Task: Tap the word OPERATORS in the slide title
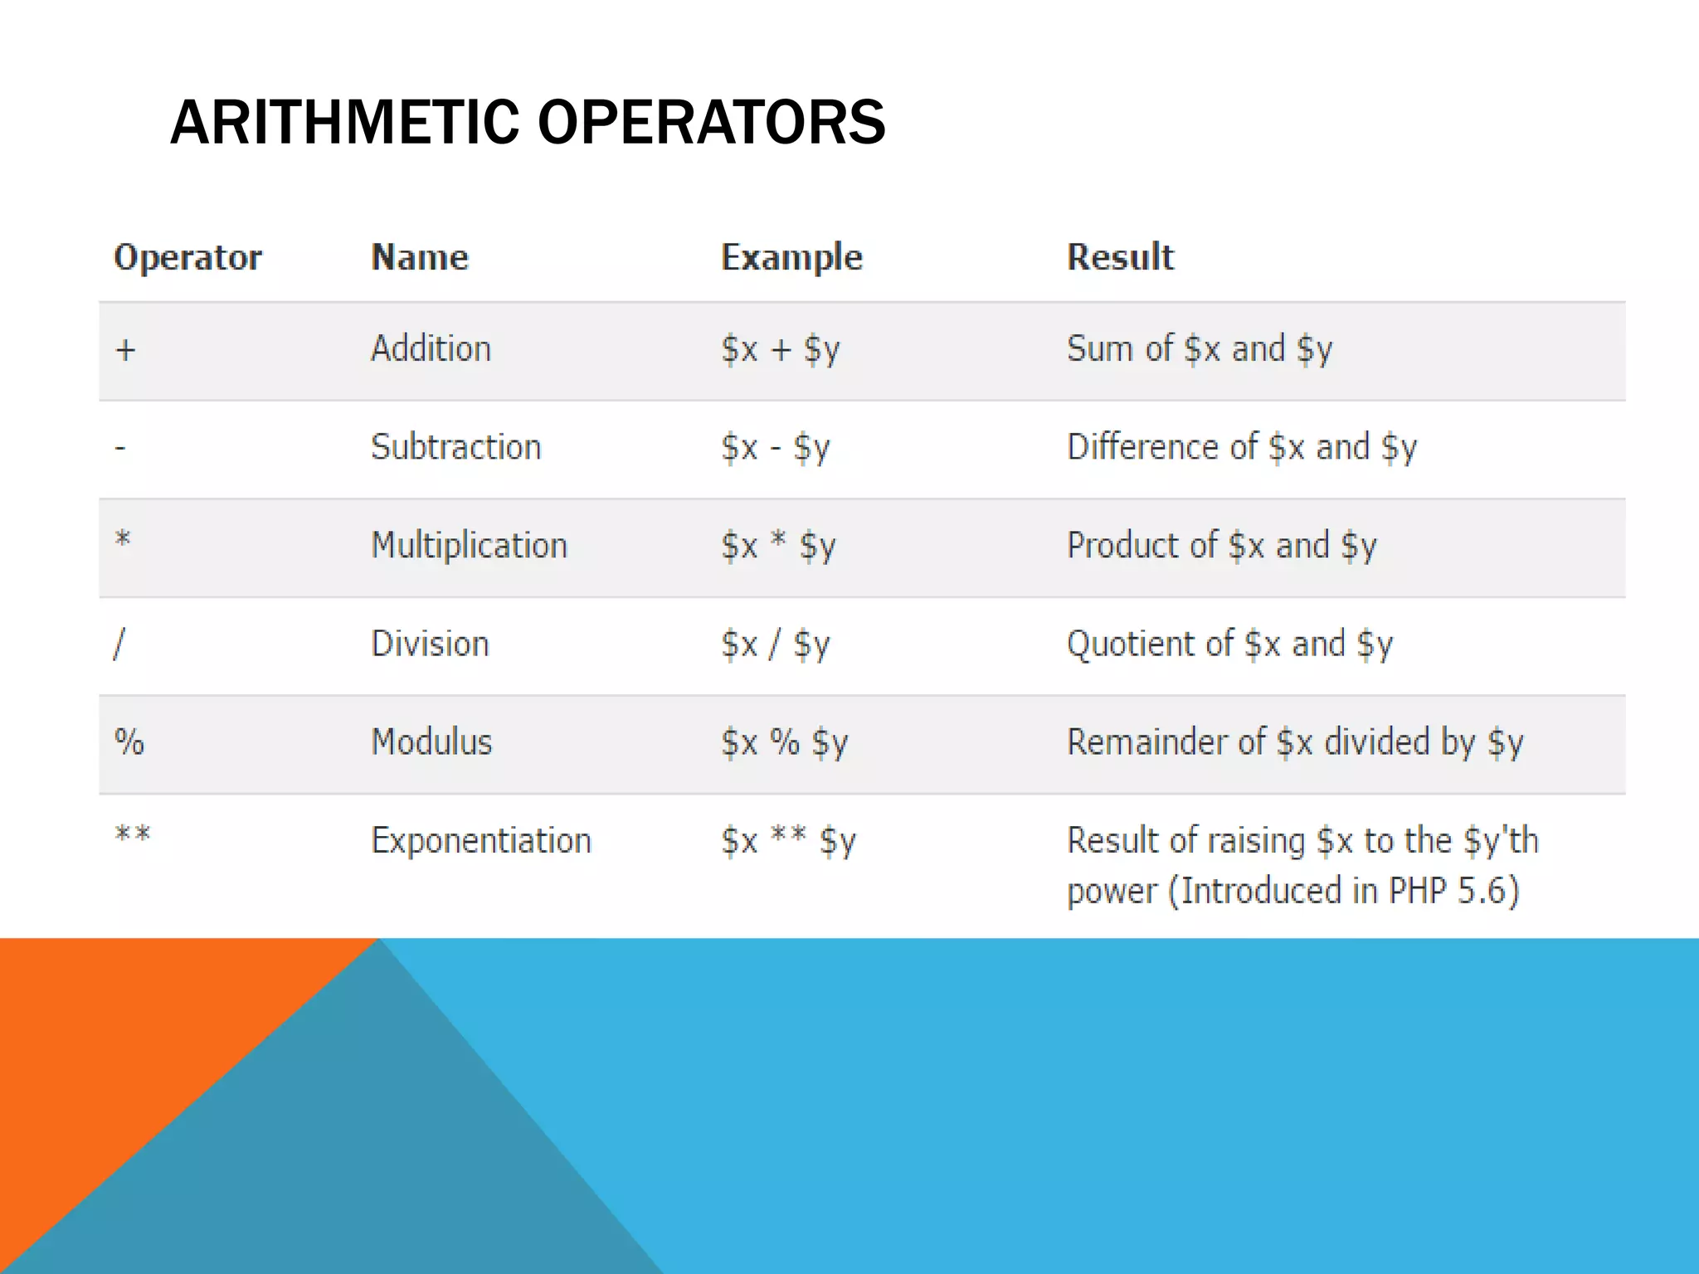coord(712,123)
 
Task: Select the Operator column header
coord(187,257)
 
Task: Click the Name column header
coord(420,257)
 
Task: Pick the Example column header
coord(791,257)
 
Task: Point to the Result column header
coord(1120,257)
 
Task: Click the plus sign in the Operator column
coord(125,350)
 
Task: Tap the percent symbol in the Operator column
coord(129,742)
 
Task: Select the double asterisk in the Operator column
coord(133,834)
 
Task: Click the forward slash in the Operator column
coord(119,644)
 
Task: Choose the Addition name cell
coord(431,348)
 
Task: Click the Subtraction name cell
coord(455,447)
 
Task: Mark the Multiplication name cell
coord(469,546)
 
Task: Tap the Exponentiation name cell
coord(480,841)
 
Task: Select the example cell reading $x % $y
coord(784,742)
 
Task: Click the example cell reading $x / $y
coord(775,644)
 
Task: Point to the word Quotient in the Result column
coord(1132,644)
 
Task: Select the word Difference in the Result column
coord(1142,447)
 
